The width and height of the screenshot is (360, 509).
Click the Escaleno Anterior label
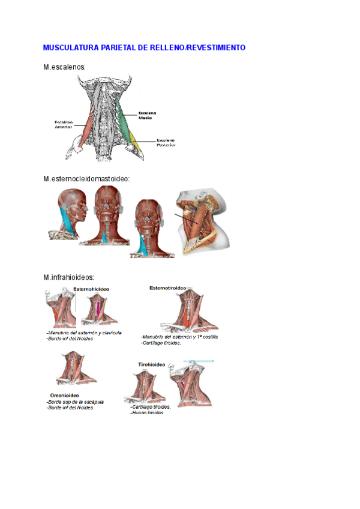[64, 124]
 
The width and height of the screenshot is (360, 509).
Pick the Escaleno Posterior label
[166, 142]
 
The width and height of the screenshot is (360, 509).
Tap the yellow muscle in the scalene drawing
[137, 144]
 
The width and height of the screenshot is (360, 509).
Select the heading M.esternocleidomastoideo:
[87, 179]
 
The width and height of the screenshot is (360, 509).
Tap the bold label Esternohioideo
[95, 289]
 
